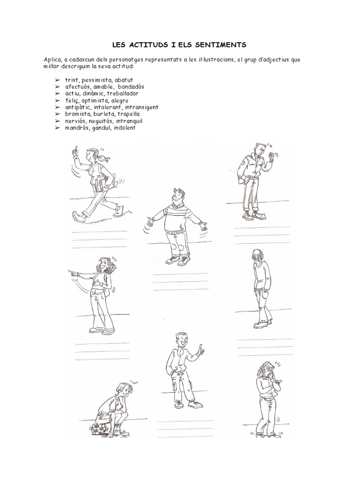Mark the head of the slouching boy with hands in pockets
[x=257, y=256]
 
